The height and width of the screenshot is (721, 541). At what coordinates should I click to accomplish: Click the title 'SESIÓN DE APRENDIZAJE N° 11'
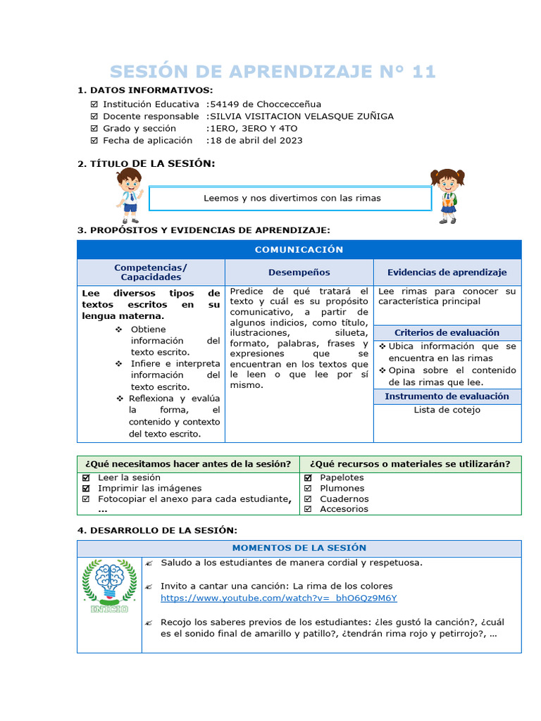click(x=273, y=71)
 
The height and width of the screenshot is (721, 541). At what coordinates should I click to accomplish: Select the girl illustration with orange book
click(x=447, y=195)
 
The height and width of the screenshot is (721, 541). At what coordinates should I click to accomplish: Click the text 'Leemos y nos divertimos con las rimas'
click(x=292, y=199)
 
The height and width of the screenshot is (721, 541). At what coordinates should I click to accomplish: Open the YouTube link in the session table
click(x=278, y=598)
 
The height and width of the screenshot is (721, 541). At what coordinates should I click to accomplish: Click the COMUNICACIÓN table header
click(x=299, y=250)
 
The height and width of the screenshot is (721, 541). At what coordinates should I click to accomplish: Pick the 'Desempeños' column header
click(x=299, y=272)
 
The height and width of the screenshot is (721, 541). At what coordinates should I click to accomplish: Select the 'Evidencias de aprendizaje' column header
click(x=447, y=272)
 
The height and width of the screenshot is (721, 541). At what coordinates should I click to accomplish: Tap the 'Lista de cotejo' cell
click(x=447, y=410)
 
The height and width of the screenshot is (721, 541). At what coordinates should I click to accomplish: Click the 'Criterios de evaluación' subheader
click(x=447, y=332)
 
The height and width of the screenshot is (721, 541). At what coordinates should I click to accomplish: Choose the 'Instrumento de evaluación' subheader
click(x=447, y=396)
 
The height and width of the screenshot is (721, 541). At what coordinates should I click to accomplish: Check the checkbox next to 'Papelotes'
click(x=308, y=477)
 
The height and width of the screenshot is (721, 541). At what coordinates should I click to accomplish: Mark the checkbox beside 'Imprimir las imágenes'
click(x=86, y=488)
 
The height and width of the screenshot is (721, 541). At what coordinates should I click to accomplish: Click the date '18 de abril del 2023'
click(x=254, y=140)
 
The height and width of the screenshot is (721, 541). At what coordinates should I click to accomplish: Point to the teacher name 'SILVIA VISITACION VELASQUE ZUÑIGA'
click(x=300, y=116)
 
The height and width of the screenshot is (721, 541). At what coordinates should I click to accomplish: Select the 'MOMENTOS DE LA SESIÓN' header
click(x=299, y=548)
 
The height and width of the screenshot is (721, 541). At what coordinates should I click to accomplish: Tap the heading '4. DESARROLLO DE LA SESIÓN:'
click(x=157, y=529)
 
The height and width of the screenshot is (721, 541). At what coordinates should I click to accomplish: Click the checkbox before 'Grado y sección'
click(x=94, y=128)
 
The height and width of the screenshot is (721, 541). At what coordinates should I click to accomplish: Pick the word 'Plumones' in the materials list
click(x=342, y=488)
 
